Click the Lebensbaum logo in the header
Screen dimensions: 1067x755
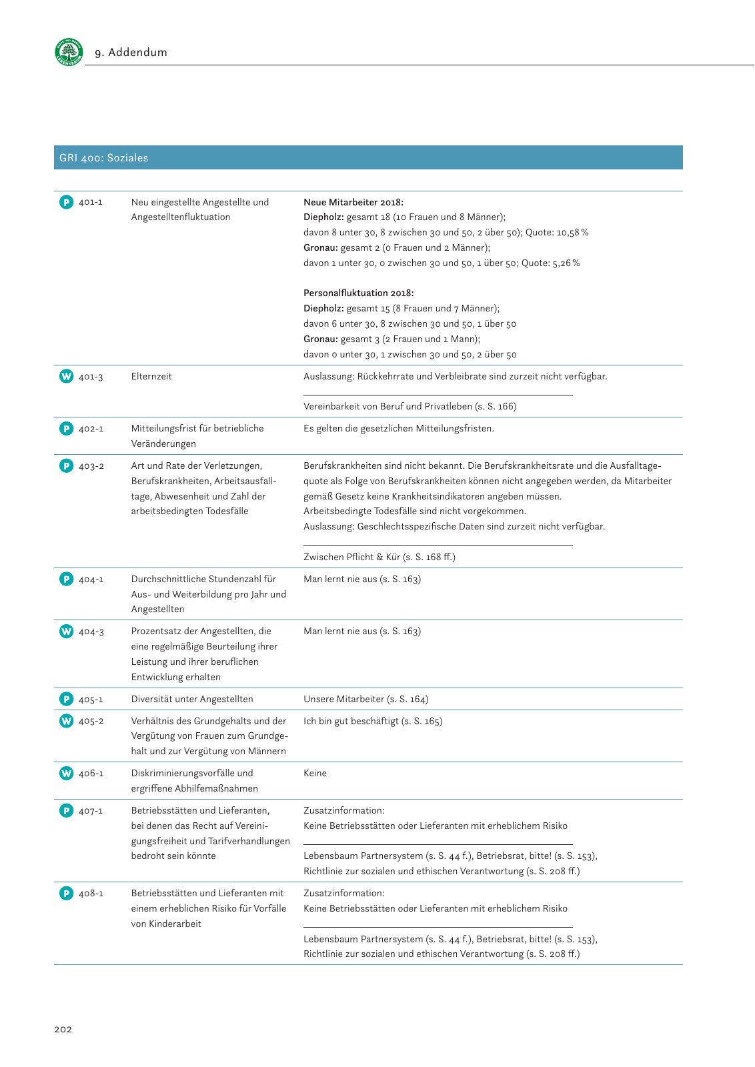(x=69, y=52)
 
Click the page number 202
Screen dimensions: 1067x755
(x=63, y=1029)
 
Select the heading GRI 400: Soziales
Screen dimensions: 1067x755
(x=104, y=158)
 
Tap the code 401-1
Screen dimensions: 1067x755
(x=91, y=202)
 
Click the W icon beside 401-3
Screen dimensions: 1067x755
(x=66, y=376)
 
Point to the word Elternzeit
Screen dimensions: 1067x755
(x=151, y=376)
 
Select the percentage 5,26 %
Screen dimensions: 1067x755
(x=566, y=263)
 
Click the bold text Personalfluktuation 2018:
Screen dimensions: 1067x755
(x=358, y=293)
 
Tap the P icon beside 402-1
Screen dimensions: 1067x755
(x=66, y=428)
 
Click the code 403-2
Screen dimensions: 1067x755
(x=91, y=466)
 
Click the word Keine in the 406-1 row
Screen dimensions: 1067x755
(x=315, y=773)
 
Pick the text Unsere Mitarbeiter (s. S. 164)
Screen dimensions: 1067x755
(x=365, y=699)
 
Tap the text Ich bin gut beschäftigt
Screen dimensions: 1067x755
(x=351, y=721)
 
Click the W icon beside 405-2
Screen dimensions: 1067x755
(x=66, y=721)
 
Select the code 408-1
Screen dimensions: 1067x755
(x=91, y=893)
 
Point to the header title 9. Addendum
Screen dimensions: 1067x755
(x=131, y=52)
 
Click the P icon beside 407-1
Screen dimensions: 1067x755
(x=66, y=810)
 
